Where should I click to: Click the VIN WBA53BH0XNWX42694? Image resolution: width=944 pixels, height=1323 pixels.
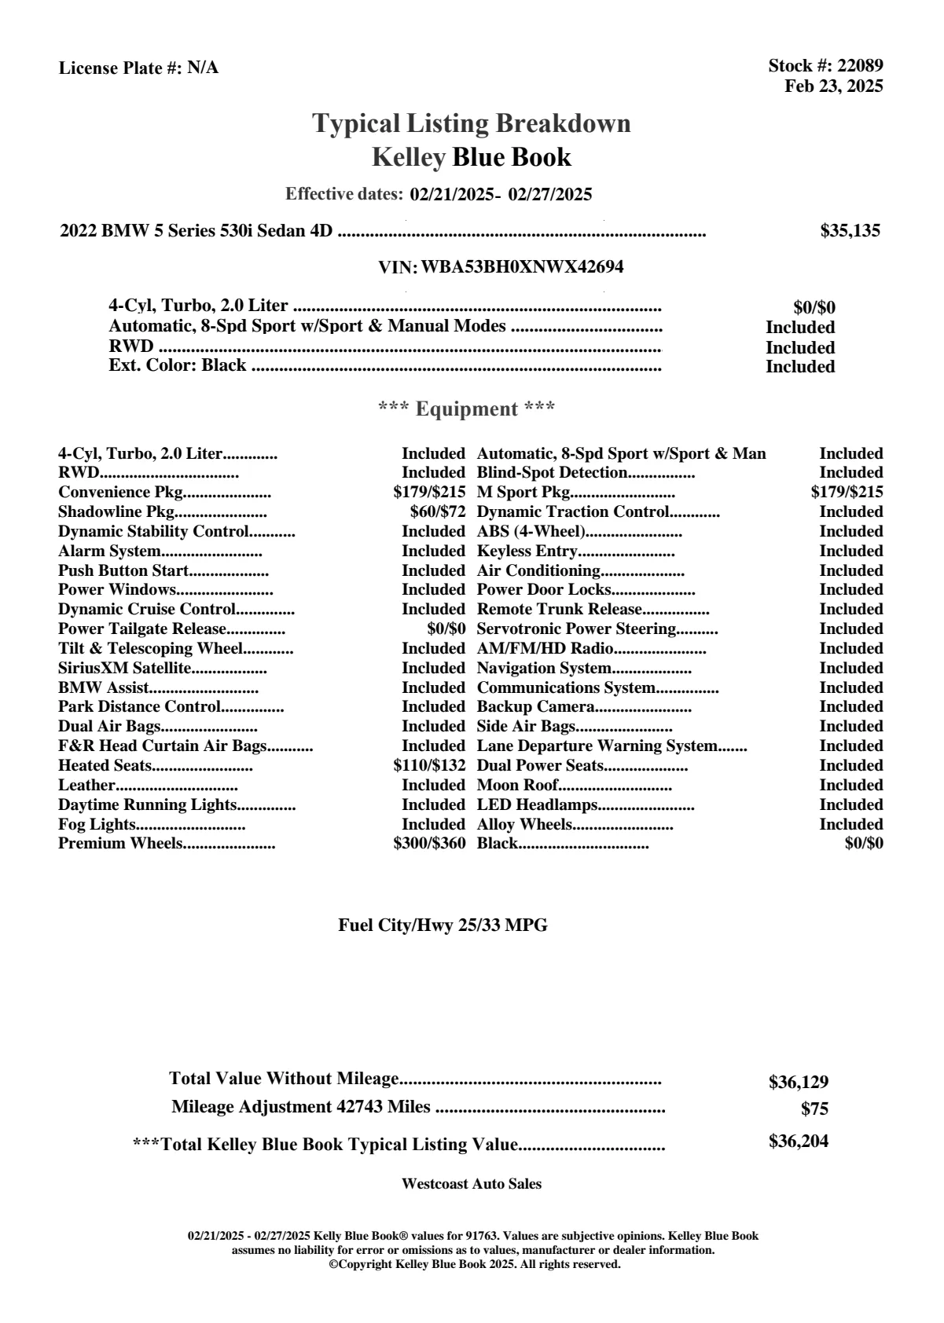pos(522,267)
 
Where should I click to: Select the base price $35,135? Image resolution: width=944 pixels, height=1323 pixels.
pos(850,231)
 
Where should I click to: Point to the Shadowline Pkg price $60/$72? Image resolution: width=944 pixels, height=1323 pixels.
pos(432,512)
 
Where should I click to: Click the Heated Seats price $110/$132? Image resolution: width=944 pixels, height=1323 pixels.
pos(429,766)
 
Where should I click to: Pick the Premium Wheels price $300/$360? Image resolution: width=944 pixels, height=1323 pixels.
pos(429,844)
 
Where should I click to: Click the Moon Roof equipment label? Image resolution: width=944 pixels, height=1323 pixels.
pos(517,786)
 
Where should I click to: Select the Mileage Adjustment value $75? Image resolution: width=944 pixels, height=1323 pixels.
pos(814,1109)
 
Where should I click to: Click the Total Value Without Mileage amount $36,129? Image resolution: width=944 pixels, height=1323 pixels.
pos(798,1082)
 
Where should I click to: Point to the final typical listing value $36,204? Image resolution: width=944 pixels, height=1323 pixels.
pos(798,1142)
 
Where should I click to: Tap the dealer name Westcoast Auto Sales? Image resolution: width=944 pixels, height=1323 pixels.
pos(471,1184)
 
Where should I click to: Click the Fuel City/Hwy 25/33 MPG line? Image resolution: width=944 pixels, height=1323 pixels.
pos(443,925)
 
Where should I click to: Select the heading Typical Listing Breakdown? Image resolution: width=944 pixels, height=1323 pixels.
pos(472,123)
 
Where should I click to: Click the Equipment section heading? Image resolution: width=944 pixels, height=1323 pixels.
pos(467,409)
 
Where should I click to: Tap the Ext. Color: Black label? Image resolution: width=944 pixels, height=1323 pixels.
pos(178,365)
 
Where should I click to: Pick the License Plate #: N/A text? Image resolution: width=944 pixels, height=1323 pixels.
pos(139,68)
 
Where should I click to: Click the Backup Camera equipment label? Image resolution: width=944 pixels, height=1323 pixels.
pos(535,707)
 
